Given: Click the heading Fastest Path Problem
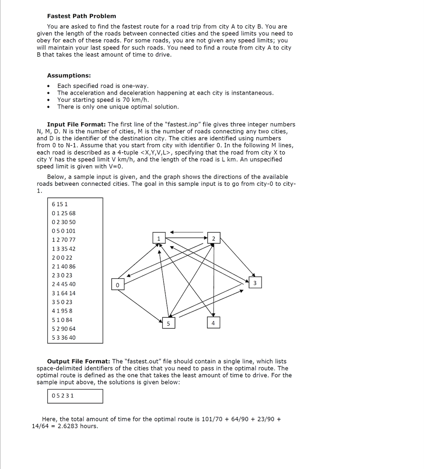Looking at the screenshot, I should [82, 16].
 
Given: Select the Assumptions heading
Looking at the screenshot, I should [69, 76].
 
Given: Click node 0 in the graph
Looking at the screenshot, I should [118, 285].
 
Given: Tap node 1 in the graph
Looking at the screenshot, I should [159, 238].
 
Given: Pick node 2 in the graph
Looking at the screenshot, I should [214, 238].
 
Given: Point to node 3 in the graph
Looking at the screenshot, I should [255, 283].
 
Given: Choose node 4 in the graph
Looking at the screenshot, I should [213, 323].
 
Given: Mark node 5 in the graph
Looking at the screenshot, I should [168, 323].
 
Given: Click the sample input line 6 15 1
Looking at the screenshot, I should [60, 204].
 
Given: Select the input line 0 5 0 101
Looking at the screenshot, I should [64, 231].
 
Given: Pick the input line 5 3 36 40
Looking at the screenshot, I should [64, 337].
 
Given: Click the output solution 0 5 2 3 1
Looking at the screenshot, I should [63, 396].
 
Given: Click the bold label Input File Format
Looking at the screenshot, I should [76, 124].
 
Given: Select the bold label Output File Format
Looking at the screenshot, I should [79, 361].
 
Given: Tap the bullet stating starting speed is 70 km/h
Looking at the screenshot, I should [103, 100].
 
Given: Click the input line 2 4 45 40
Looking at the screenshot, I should [64, 284].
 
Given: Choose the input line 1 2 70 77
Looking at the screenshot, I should [64, 240].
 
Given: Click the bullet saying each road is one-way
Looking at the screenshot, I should [103, 86].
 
